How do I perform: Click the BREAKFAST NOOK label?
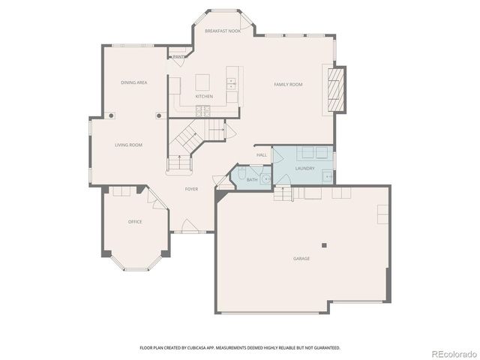(223, 31)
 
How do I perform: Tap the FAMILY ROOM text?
(288, 85)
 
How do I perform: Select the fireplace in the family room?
(334, 89)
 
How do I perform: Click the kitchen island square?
(202, 81)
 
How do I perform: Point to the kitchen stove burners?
(202, 111)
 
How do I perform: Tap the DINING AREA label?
(133, 82)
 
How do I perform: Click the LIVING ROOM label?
(128, 145)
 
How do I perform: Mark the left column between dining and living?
(111, 115)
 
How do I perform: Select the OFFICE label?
(135, 221)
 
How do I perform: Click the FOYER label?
(192, 189)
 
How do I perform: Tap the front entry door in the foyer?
(190, 226)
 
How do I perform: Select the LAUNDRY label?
(304, 168)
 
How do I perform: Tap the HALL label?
(262, 155)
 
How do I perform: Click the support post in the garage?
(324, 244)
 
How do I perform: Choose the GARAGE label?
(301, 259)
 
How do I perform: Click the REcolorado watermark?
(452, 352)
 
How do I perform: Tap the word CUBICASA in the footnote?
(214, 348)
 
